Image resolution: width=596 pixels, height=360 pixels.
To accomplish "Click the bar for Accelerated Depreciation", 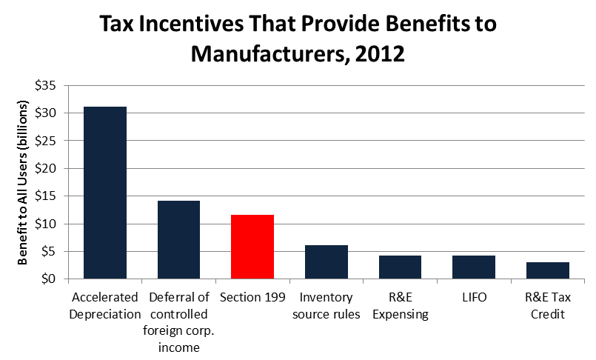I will pyautogui.click(x=104, y=193).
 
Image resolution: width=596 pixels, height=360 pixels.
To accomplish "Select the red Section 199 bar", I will pyautogui.click(x=252, y=247).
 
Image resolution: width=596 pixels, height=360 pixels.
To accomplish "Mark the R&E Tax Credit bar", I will pyautogui.click(x=547, y=270).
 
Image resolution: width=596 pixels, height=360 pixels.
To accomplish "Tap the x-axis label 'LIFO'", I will pyautogui.click(x=474, y=298).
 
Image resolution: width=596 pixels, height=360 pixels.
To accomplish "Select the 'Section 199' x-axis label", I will pyautogui.click(x=252, y=298).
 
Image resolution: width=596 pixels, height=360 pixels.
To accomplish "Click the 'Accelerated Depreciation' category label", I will pyautogui.click(x=104, y=306).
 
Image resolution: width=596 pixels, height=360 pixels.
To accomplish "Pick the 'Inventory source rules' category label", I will pyautogui.click(x=326, y=306).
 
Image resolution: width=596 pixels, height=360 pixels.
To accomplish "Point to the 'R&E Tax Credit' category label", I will pyautogui.click(x=548, y=306).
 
